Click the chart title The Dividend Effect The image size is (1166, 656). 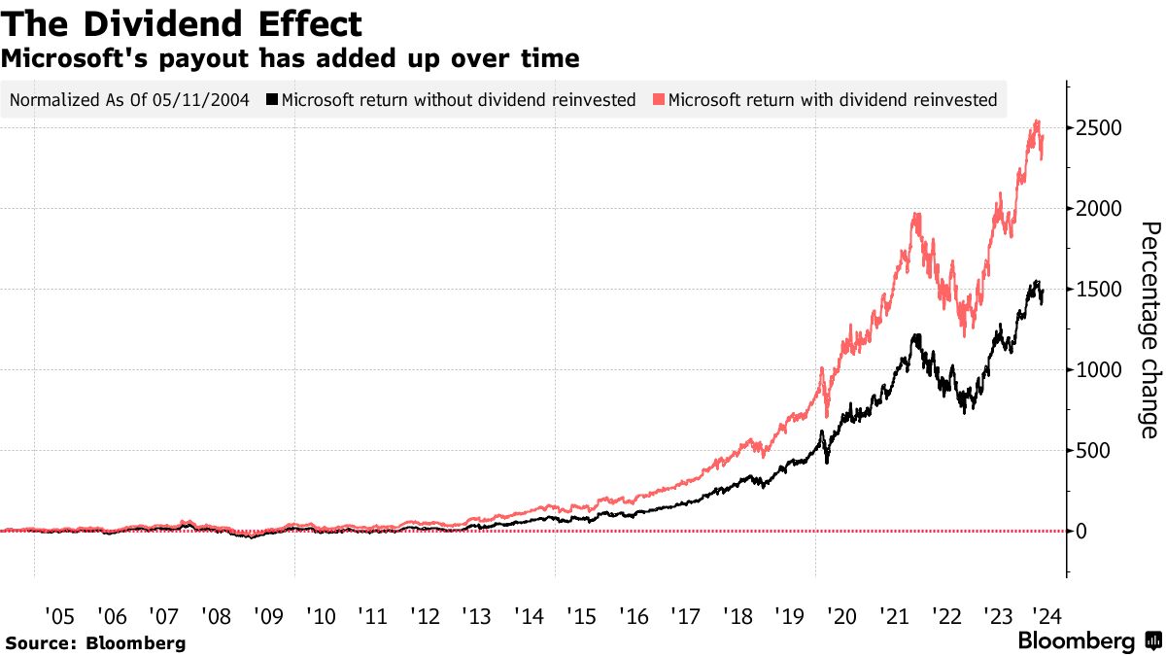pyautogui.click(x=183, y=23)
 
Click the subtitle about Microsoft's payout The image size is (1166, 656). pyautogui.click(x=291, y=59)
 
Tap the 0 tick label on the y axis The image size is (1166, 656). pyautogui.click(x=1080, y=532)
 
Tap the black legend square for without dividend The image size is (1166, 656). pyautogui.click(x=274, y=99)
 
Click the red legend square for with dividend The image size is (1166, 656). pyautogui.click(x=660, y=99)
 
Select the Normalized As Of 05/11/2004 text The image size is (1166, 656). pyautogui.click(x=128, y=99)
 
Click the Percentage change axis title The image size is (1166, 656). pyautogui.click(x=1149, y=330)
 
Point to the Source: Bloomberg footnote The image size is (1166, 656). pyautogui.click(x=95, y=642)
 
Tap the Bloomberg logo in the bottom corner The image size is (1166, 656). pyautogui.click(x=1088, y=641)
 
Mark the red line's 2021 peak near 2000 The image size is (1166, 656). pyautogui.click(x=916, y=216)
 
